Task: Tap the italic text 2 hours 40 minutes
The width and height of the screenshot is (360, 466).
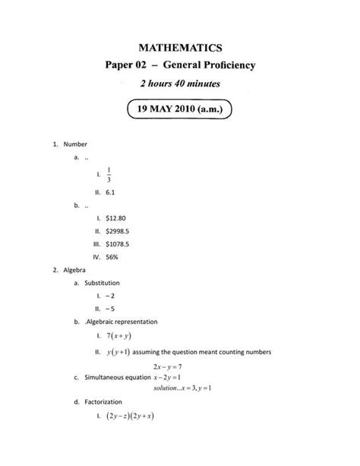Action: (x=180, y=84)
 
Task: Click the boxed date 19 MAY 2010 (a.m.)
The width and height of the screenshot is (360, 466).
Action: (x=179, y=109)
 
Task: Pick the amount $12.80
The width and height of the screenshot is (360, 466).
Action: (x=116, y=218)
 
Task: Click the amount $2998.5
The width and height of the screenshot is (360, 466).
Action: (x=119, y=230)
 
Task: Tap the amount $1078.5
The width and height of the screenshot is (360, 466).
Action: (x=119, y=244)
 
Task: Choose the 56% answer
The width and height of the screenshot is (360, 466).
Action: (x=112, y=257)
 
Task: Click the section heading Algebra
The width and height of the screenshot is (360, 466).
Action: (x=75, y=270)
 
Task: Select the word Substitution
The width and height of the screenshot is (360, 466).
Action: (x=103, y=283)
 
